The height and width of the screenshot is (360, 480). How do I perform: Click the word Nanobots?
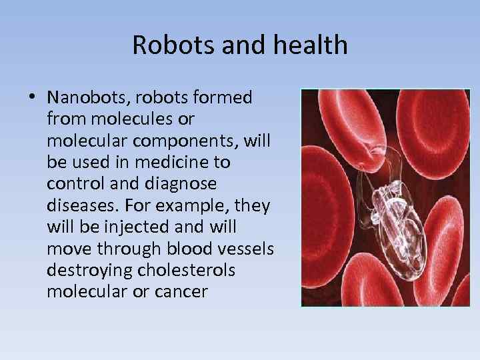click(85, 98)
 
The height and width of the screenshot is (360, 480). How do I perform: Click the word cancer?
click(181, 291)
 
